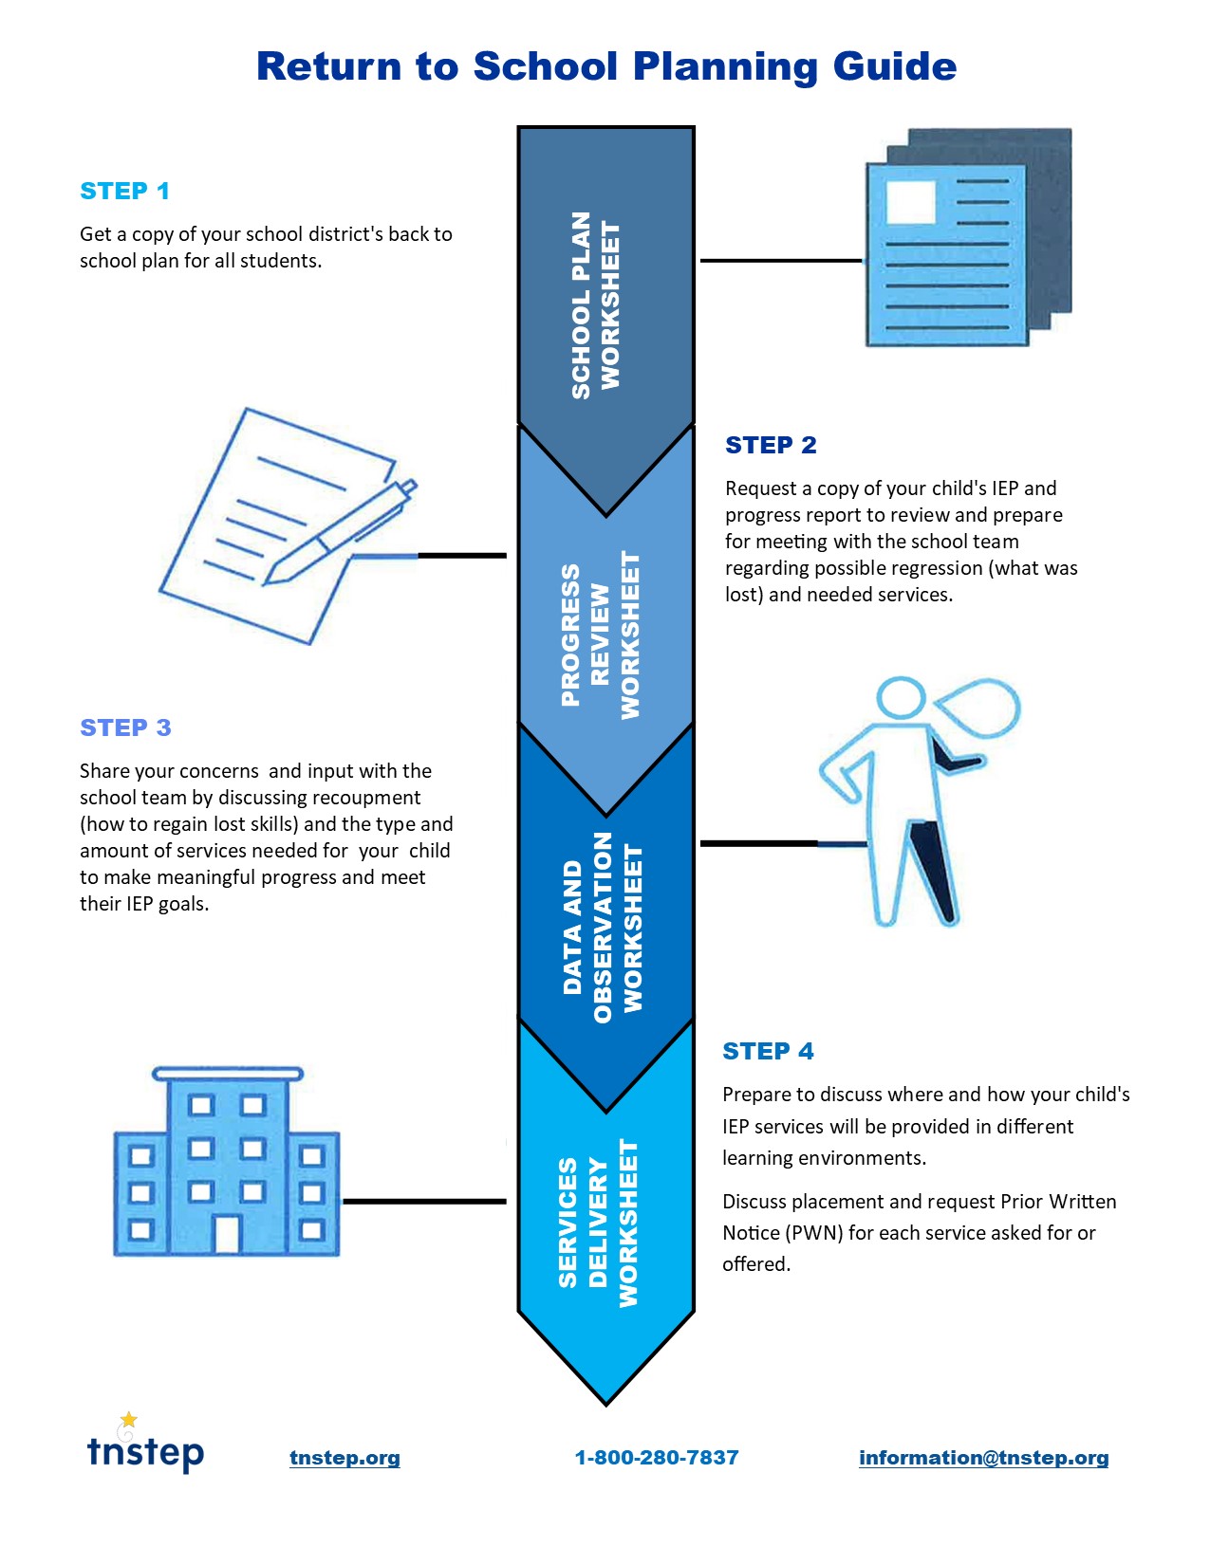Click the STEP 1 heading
point(124,191)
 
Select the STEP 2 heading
point(771,445)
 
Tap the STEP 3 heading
point(125,727)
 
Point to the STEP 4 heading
point(768,1051)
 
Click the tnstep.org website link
point(344,1458)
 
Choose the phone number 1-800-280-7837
point(657,1458)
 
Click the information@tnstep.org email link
point(983,1458)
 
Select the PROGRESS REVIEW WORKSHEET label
point(600,635)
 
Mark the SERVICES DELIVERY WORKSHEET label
point(598,1224)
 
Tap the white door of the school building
point(227,1233)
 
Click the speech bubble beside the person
point(979,707)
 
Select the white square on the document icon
point(910,202)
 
